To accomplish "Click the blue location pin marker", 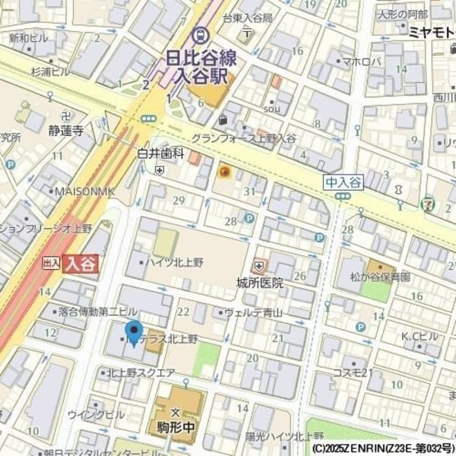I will pos(134,333).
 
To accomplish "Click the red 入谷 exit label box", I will pos(80,264).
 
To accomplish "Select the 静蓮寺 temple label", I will pos(66,130).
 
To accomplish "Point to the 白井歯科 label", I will pos(160,154).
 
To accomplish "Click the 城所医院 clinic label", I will pos(259,283).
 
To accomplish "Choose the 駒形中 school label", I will pos(179,427).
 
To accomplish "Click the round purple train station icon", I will pos(200,34).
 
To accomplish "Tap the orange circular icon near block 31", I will pos(224,172).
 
